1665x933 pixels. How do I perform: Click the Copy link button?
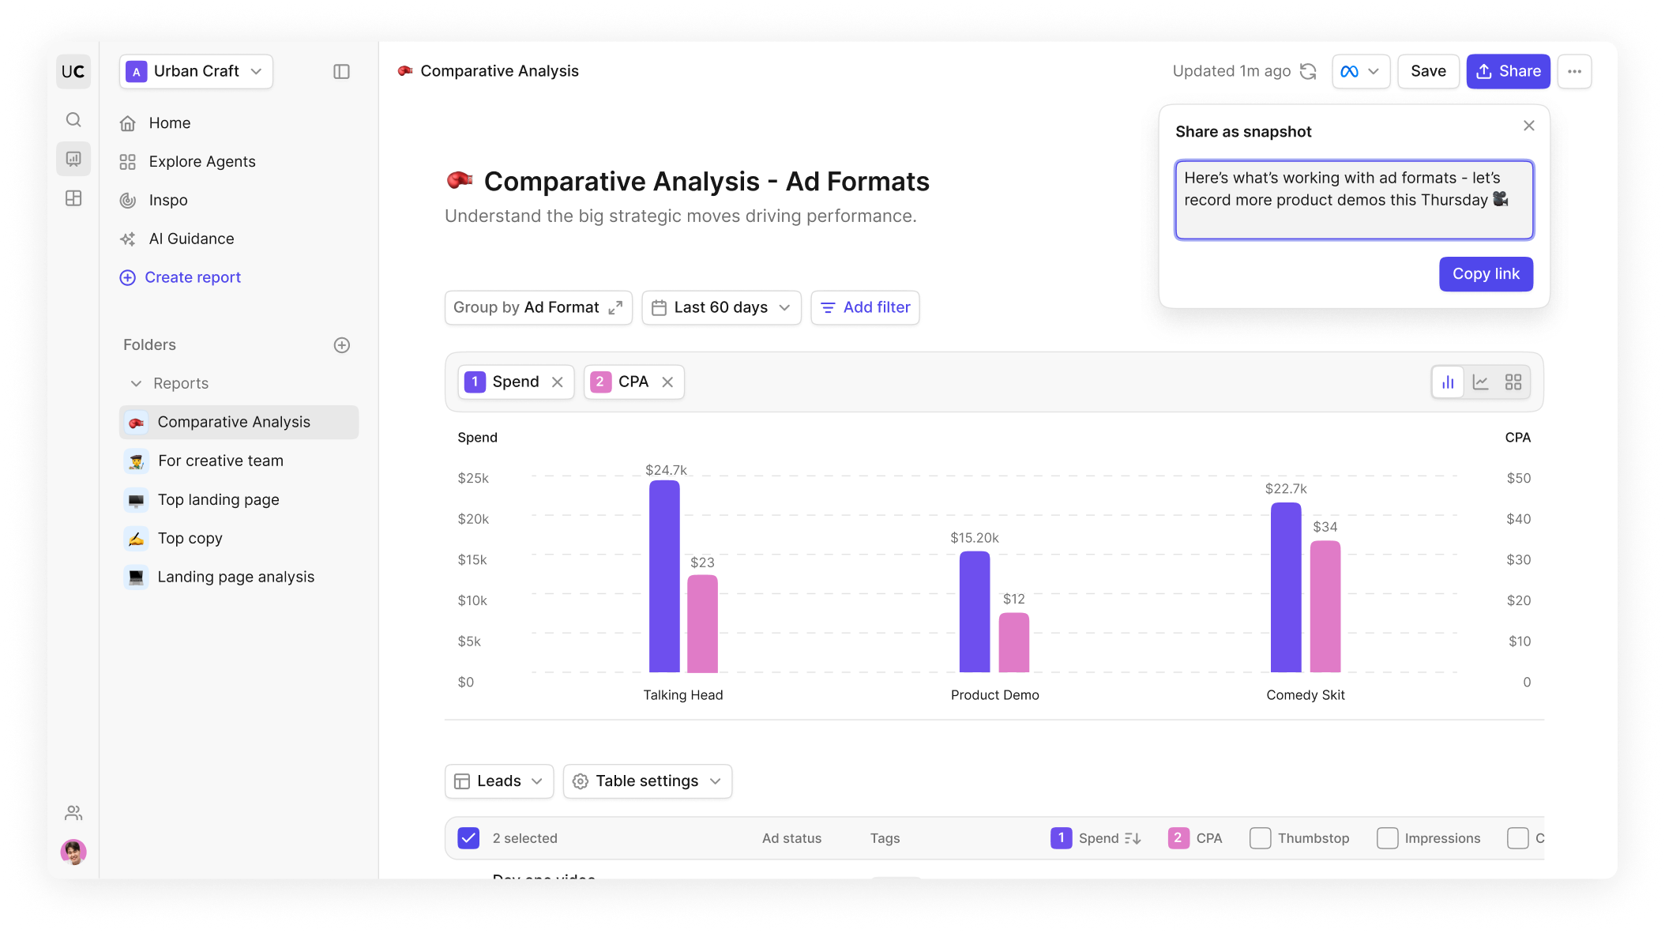pyautogui.click(x=1485, y=274)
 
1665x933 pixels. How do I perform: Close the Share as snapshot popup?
pyautogui.click(x=1528, y=126)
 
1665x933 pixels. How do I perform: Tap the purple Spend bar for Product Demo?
pyautogui.click(x=974, y=611)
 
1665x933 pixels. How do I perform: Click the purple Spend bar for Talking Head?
pyautogui.click(x=664, y=576)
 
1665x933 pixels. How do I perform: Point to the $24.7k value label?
pyautogui.click(x=666, y=470)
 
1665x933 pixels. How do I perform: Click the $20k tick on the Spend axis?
pyautogui.click(x=473, y=519)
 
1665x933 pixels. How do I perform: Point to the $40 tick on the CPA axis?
pyautogui.click(x=1518, y=519)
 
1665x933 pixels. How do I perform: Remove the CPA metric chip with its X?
pyautogui.click(x=667, y=382)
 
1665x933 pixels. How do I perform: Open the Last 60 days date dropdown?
pyautogui.click(x=721, y=307)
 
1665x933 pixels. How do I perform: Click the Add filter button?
pyautogui.click(x=865, y=307)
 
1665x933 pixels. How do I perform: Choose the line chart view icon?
pyautogui.click(x=1480, y=382)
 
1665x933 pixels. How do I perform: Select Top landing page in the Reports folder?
pyautogui.click(x=218, y=499)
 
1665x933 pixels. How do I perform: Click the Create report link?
pyautogui.click(x=192, y=277)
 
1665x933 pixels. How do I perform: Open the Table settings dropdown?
pyautogui.click(x=647, y=781)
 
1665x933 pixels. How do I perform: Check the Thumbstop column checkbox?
pyautogui.click(x=1260, y=838)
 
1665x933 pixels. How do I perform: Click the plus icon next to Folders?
pyautogui.click(x=341, y=345)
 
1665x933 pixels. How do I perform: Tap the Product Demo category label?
pyautogui.click(x=994, y=695)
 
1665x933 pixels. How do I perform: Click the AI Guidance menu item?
pyautogui.click(x=191, y=239)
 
